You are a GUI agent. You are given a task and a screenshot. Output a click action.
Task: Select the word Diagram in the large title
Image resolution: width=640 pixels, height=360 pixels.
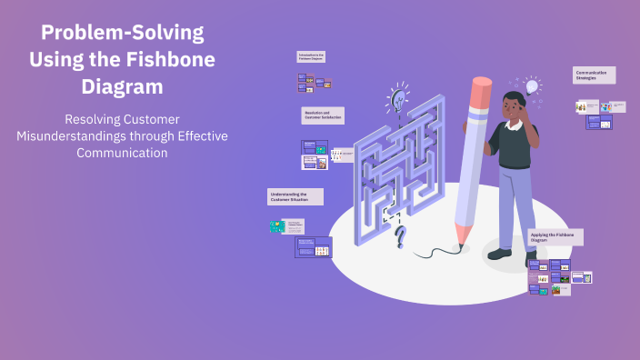point(122,86)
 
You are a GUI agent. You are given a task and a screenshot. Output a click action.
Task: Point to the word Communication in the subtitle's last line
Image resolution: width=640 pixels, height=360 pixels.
point(122,153)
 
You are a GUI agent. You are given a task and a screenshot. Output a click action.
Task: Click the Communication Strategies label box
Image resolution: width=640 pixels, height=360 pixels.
point(594,75)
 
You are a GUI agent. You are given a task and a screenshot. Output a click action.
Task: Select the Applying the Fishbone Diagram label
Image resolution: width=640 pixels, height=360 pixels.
point(555,238)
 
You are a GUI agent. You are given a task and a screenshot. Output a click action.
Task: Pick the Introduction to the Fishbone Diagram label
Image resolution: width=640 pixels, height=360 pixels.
point(311,56)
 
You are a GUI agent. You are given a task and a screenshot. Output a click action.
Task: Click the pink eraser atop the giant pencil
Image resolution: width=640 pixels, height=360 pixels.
point(482,87)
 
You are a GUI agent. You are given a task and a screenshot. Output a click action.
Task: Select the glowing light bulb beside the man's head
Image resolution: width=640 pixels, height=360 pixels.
point(532,86)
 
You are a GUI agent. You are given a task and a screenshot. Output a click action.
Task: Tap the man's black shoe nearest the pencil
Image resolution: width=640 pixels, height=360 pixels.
point(499,254)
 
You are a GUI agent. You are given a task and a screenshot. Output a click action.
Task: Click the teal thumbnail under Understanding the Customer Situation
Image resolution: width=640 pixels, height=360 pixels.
point(277,226)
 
